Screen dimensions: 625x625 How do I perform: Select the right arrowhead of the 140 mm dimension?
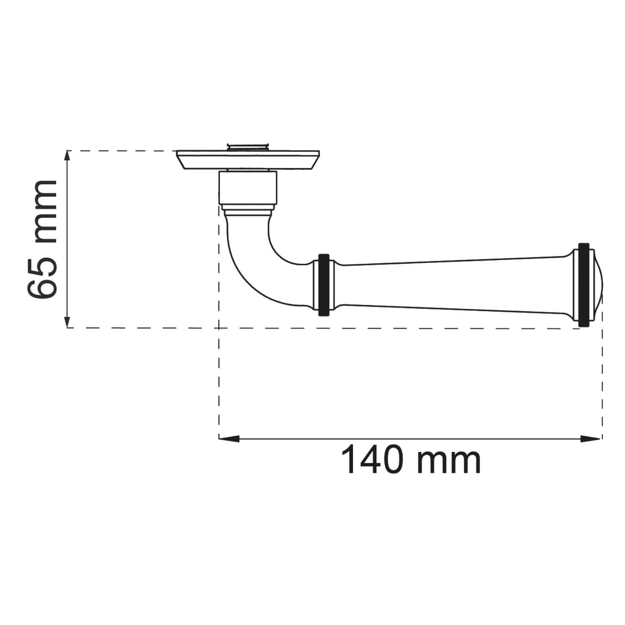tap(591, 438)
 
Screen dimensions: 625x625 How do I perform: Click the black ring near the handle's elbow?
tap(324, 285)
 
